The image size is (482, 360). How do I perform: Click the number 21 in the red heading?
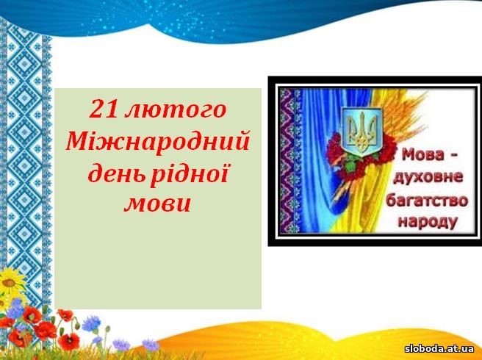(103, 109)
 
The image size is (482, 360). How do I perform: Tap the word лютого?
(176, 110)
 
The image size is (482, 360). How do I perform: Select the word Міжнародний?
(157, 140)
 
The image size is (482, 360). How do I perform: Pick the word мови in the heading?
(157, 204)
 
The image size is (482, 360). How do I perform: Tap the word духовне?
(428, 178)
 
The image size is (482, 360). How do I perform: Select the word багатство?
(427, 200)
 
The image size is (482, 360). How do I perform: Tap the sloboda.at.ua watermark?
(439, 349)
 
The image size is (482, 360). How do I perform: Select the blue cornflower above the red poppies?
(92, 324)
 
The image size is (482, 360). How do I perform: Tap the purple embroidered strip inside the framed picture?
(289, 160)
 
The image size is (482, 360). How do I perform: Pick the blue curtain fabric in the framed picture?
(320, 160)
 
